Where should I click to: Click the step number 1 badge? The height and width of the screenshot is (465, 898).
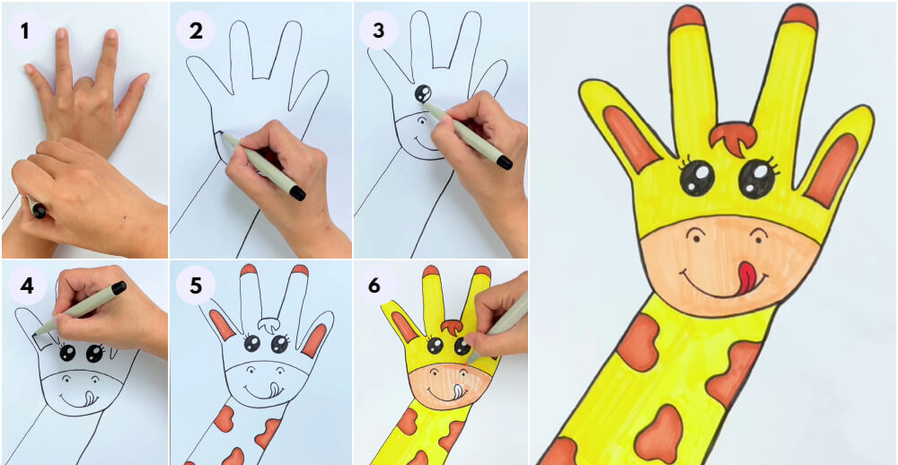(24, 31)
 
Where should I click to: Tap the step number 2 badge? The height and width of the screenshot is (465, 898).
(195, 31)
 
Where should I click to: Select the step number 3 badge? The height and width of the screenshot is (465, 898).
(378, 31)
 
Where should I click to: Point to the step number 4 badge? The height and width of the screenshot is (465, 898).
(26, 285)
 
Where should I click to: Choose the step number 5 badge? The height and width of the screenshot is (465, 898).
(195, 285)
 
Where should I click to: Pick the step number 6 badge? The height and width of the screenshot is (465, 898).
(374, 285)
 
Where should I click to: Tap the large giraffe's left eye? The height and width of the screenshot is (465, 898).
(697, 178)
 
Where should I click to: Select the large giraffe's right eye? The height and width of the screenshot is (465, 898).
(756, 178)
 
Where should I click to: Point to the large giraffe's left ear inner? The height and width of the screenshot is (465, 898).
(630, 138)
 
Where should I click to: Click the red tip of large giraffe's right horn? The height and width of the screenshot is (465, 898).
(799, 16)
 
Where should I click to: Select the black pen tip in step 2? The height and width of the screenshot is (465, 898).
(297, 193)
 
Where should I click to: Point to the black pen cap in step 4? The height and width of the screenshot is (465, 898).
(119, 287)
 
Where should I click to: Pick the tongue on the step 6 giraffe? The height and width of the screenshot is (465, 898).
(456, 391)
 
